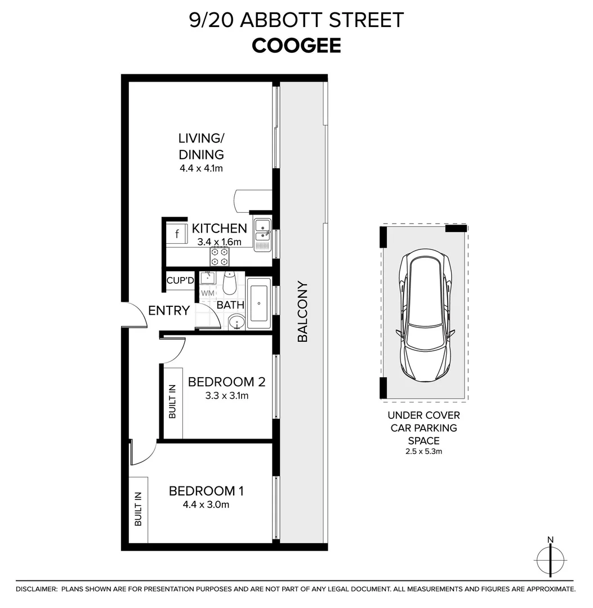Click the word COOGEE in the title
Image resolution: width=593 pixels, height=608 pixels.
tap(296, 46)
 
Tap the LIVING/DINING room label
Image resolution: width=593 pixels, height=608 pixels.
tap(201, 146)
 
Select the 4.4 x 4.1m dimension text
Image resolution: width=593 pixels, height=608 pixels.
tap(201, 168)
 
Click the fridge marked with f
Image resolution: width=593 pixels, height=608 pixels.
tap(178, 233)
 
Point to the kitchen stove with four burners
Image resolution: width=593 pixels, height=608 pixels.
tap(220, 257)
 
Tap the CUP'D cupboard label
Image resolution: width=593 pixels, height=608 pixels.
tap(180, 280)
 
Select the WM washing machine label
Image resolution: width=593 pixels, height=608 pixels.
tap(207, 293)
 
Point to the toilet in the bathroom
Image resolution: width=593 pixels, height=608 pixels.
tap(229, 283)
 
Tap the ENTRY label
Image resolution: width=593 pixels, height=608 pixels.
tap(169, 310)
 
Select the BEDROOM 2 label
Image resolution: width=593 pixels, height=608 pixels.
tap(226, 382)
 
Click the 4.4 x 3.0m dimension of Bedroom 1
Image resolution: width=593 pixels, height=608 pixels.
tap(206, 505)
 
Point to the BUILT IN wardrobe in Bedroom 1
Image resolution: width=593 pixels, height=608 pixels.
tap(138, 509)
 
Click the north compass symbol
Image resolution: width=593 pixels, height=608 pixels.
tap(550, 559)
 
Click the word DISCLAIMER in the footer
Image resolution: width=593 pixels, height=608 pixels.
tap(36, 589)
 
